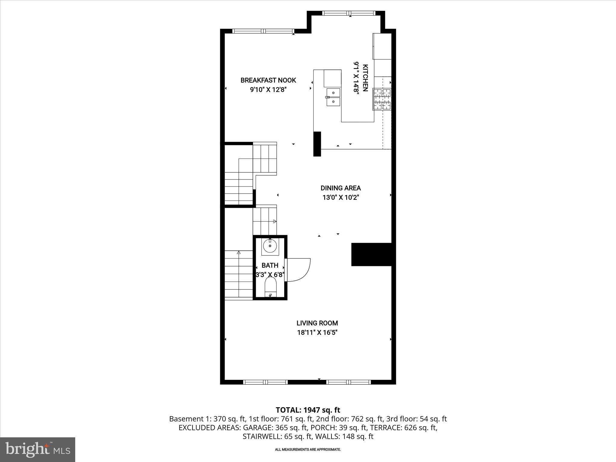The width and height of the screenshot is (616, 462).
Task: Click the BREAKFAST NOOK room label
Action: tap(268, 80)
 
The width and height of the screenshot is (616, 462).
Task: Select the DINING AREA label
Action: tap(340, 188)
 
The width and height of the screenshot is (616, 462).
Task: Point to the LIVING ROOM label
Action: tap(317, 323)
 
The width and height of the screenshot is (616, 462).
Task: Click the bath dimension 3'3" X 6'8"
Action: tap(270, 275)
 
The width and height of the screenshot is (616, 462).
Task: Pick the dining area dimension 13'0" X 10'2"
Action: tap(340, 198)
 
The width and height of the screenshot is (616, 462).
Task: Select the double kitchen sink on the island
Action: tap(333, 97)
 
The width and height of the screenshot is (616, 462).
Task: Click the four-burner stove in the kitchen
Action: tap(382, 99)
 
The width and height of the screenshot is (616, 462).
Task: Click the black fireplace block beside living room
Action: tap(371, 254)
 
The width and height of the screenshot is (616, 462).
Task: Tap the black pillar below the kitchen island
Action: tap(317, 144)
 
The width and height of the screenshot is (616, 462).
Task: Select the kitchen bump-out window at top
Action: tap(349, 13)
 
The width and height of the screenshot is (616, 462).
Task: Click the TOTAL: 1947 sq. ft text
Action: tap(308, 410)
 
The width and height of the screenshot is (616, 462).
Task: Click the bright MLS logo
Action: tap(38, 449)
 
